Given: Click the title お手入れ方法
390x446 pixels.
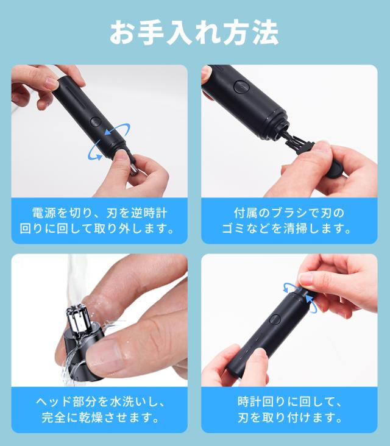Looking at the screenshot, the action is [x=194, y=32].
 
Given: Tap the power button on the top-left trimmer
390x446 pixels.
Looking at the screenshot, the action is [x=96, y=122].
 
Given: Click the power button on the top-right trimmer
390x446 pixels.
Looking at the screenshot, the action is [x=241, y=87].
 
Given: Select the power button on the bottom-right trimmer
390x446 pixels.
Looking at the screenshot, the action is [x=274, y=319].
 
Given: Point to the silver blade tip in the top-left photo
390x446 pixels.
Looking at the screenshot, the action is [x=134, y=169].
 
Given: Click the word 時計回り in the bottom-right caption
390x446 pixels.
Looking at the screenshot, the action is [x=261, y=402].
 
